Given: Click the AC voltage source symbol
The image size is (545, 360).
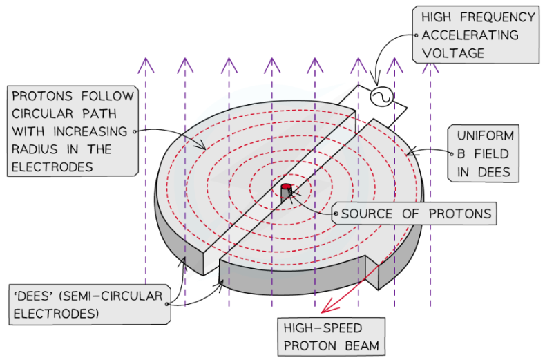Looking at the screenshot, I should [x=381, y=97].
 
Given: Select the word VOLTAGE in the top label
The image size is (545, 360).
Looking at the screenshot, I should [x=447, y=52].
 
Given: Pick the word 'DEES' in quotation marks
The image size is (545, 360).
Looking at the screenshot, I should [x=30, y=296].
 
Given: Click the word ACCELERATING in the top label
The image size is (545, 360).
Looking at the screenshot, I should [x=471, y=35].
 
